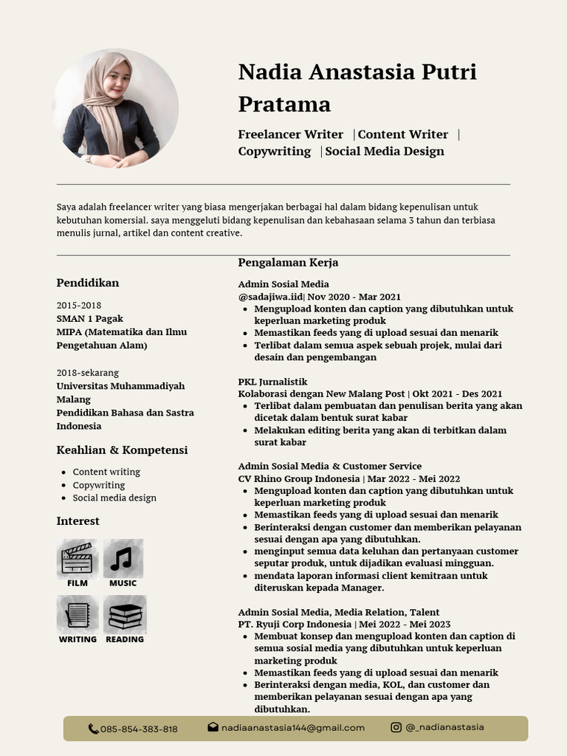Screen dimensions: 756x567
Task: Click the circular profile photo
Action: click(116, 109)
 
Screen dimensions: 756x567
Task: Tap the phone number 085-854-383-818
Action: click(139, 729)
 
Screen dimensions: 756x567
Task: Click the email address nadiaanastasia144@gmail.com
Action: click(293, 727)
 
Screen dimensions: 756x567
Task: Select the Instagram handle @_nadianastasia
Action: click(444, 726)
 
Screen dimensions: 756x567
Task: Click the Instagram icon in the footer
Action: click(396, 727)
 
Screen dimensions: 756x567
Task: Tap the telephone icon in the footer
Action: click(93, 729)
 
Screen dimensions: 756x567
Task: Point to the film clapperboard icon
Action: click(77, 558)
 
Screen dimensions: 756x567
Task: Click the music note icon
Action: click(123, 558)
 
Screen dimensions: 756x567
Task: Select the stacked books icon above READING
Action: click(125, 615)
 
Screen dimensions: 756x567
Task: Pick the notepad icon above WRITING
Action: click(78, 615)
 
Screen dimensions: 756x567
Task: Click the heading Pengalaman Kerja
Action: click(288, 263)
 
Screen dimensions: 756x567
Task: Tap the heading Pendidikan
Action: click(87, 283)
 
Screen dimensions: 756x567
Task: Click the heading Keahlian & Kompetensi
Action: click(122, 450)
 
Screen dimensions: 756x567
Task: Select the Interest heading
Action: click(78, 521)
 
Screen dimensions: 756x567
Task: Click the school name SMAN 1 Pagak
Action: click(89, 318)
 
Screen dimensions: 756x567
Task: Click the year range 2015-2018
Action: click(79, 305)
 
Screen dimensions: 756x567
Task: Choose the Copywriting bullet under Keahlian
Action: click(98, 485)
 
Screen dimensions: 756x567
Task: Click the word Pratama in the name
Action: click(284, 103)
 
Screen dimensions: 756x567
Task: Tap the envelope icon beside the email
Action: click(213, 727)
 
